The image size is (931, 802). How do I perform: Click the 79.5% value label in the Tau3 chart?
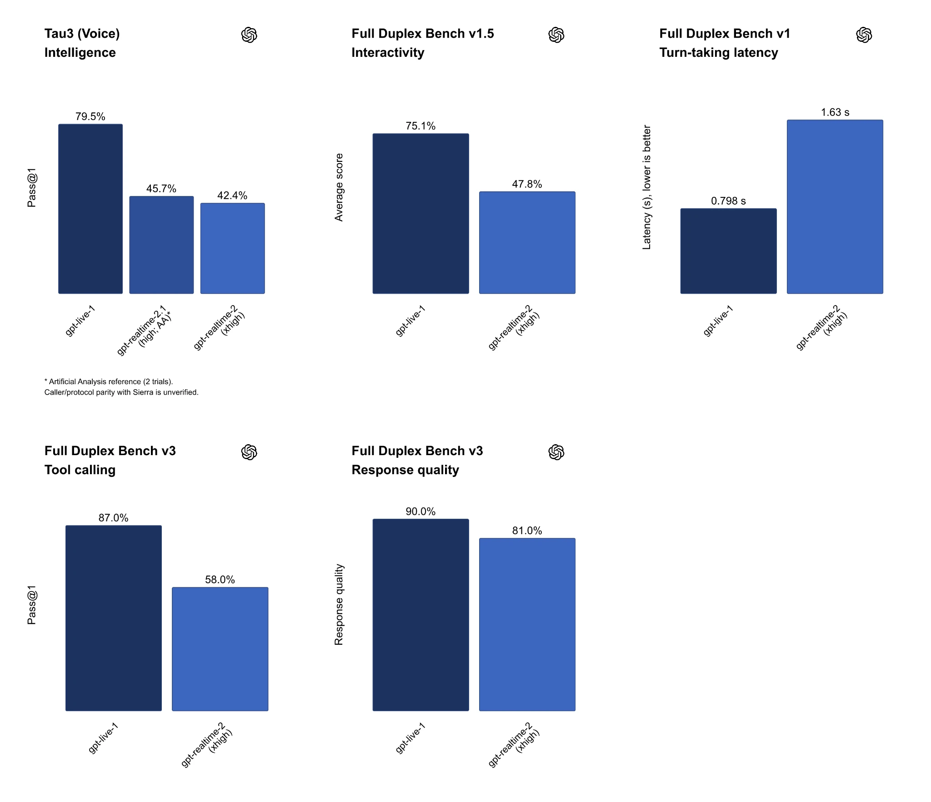click(x=90, y=116)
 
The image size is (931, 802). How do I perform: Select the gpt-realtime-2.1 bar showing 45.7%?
click(x=161, y=245)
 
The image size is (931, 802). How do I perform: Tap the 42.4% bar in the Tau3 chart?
click(x=232, y=248)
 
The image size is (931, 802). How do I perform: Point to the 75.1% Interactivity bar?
click(x=420, y=214)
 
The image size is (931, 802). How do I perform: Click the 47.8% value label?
click(x=527, y=184)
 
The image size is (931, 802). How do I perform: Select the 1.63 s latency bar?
click(x=835, y=207)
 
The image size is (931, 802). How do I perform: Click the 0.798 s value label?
click(x=728, y=201)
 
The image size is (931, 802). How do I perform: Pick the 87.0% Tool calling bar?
click(x=114, y=618)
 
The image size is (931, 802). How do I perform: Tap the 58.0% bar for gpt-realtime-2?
click(x=220, y=649)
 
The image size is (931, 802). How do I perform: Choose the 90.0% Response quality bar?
click(x=420, y=615)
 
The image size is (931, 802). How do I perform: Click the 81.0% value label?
click(x=527, y=531)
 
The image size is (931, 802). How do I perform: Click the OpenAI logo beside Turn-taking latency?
click(x=864, y=35)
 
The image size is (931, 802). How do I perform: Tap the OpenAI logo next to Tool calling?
click(x=249, y=452)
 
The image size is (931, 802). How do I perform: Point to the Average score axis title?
click(x=339, y=187)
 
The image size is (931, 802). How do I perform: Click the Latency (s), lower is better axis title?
click(x=646, y=187)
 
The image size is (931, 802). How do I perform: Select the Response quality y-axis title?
click(x=339, y=605)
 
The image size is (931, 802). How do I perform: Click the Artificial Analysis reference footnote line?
click(x=109, y=381)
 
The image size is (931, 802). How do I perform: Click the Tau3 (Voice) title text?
click(x=82, y=34)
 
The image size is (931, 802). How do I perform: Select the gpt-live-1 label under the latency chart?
click(x=718, y=321)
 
